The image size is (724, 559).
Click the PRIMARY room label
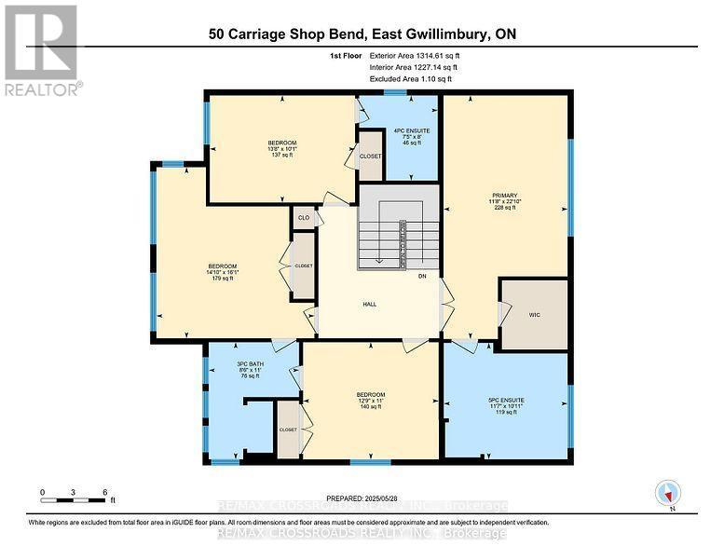pyautogui.click(x=506, y=196)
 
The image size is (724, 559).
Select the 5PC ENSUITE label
pyautogui.click(x=506, y=402)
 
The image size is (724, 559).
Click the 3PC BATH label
pyautogui.click(x=247, y=364)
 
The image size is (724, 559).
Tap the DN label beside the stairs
pyautogui.click(x=422, y=277)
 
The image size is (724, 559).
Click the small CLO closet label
pyautogui.click(x=303, y=218)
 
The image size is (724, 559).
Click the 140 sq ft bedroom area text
pyautogui.click(x=370, y=407)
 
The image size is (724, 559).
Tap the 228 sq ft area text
pyautogui.click(x=506, y=209)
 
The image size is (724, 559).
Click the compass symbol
pyautogui.click(x=668, y=493)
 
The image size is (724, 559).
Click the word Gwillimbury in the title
pyautogui.click(x=437, y=34)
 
